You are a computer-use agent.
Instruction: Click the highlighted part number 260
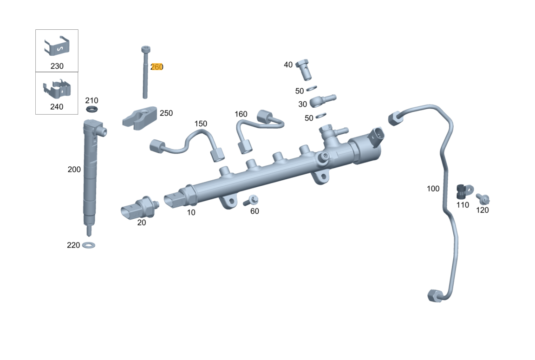[157, 67]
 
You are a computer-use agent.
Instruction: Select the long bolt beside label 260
[145, 72]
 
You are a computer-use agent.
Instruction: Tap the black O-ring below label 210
[92, 109]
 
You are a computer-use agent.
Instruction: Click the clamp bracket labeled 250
[139, 118]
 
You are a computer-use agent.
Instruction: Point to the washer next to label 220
[89, 245]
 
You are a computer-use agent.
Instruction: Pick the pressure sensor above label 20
[140, 208]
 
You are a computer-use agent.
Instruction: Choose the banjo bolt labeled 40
[304, 69]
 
